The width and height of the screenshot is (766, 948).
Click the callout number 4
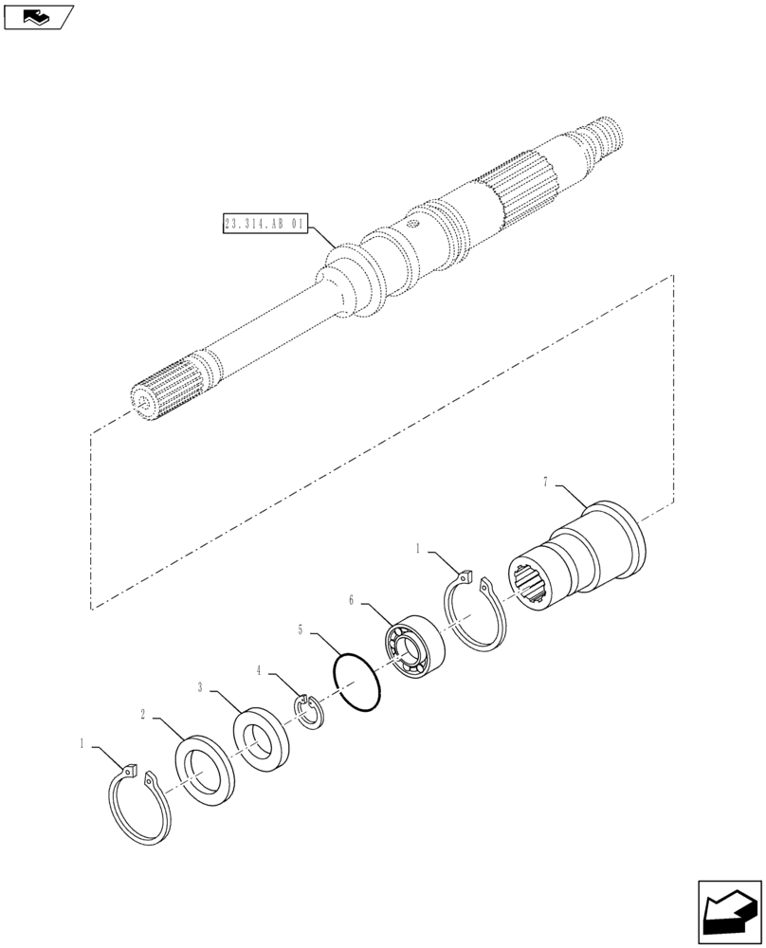[x=259, y=672]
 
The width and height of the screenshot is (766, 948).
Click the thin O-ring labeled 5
[x=357, y=679]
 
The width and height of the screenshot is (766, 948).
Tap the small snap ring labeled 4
[x=308, y=711]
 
